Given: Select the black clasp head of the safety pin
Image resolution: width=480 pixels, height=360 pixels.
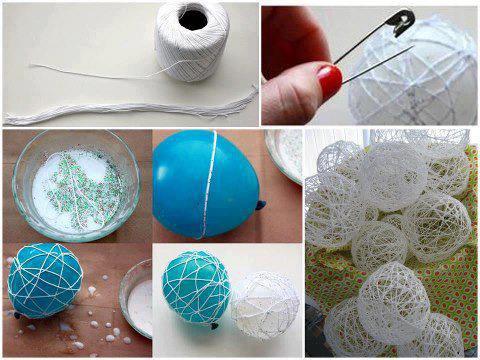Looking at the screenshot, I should pos(402,19).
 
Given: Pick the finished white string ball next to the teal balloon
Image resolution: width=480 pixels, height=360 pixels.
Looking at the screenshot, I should pos(265,304).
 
